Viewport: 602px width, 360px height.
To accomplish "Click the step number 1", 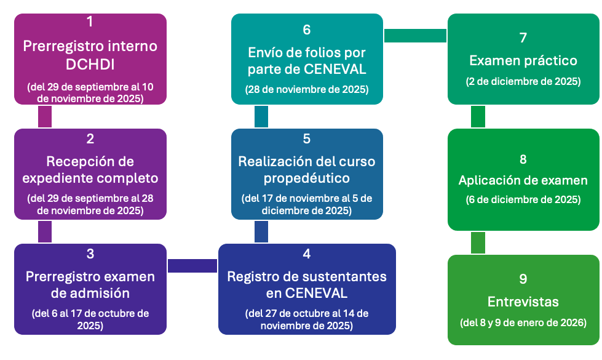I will coord(90,22).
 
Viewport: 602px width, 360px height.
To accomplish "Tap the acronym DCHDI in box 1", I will coord(90,65).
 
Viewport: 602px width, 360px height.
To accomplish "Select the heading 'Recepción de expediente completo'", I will coord(90,170).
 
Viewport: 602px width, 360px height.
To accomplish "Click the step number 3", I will coord(90,254).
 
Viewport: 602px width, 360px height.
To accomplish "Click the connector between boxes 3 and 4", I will coord(192,265).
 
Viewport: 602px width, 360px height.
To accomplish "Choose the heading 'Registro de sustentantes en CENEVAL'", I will coord(307,284).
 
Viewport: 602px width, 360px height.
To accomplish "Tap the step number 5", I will coord(307,139).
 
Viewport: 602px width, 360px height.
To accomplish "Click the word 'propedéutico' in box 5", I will coord(307,178).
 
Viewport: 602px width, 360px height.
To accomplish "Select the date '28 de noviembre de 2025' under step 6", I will coord(307,89).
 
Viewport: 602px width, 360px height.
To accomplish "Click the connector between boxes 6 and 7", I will coord(415,36).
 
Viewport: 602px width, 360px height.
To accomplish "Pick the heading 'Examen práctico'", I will coord(523,60).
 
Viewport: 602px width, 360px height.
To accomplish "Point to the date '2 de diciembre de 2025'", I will coord(523,81).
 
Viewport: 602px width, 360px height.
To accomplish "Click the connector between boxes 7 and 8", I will coord(478,116).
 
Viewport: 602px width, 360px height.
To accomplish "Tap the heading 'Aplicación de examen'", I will coord(523,180).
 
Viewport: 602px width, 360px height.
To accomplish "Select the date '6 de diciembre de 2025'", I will coord(523,199).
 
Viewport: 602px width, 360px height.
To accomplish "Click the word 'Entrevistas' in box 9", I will coord(523,302).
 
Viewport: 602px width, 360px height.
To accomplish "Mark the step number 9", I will coord(523,279).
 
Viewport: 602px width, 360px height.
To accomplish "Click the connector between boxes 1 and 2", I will coord(44,116).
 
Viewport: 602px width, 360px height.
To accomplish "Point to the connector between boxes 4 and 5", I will coord(261,232).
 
